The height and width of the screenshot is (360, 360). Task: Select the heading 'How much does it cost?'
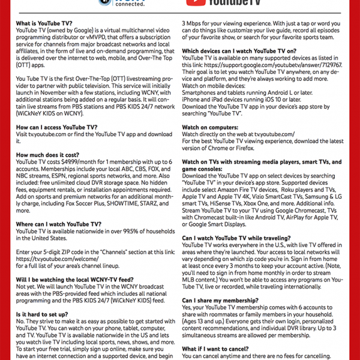[47, 155]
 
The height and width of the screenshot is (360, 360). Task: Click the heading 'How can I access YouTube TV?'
[56, 128]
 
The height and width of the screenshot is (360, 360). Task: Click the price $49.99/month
[74, 162]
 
